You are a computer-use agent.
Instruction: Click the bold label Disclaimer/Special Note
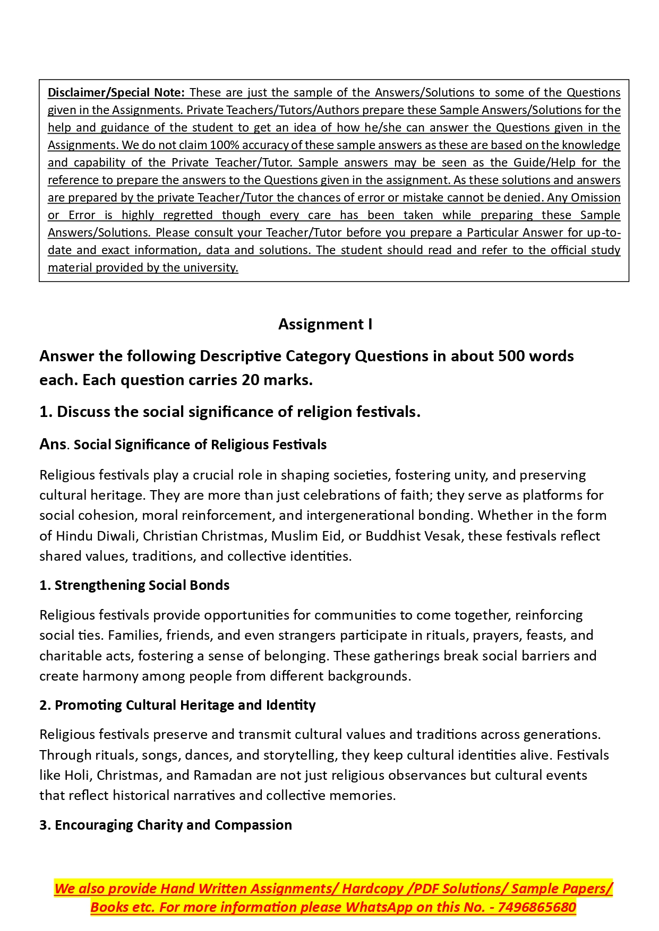[116, 93]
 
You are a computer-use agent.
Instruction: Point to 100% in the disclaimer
[225, 145]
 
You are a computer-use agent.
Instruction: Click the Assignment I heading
[325, 324]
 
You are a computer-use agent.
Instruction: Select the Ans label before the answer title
[53, 444]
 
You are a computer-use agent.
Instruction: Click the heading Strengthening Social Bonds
[142, 585]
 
